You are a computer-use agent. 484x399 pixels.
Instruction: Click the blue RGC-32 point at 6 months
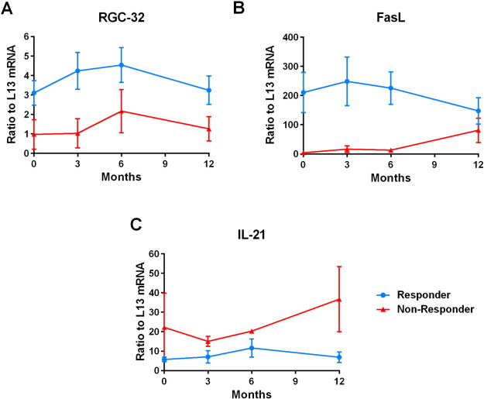(122, 65)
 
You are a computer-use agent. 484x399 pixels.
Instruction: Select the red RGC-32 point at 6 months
(122, 112)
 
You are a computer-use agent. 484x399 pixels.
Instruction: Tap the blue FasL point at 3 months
(347, 81)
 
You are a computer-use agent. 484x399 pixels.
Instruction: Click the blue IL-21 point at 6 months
(252, 348)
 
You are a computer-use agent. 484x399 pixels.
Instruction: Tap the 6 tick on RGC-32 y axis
(26, 36)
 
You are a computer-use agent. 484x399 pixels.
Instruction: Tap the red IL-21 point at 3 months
(208, 341)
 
